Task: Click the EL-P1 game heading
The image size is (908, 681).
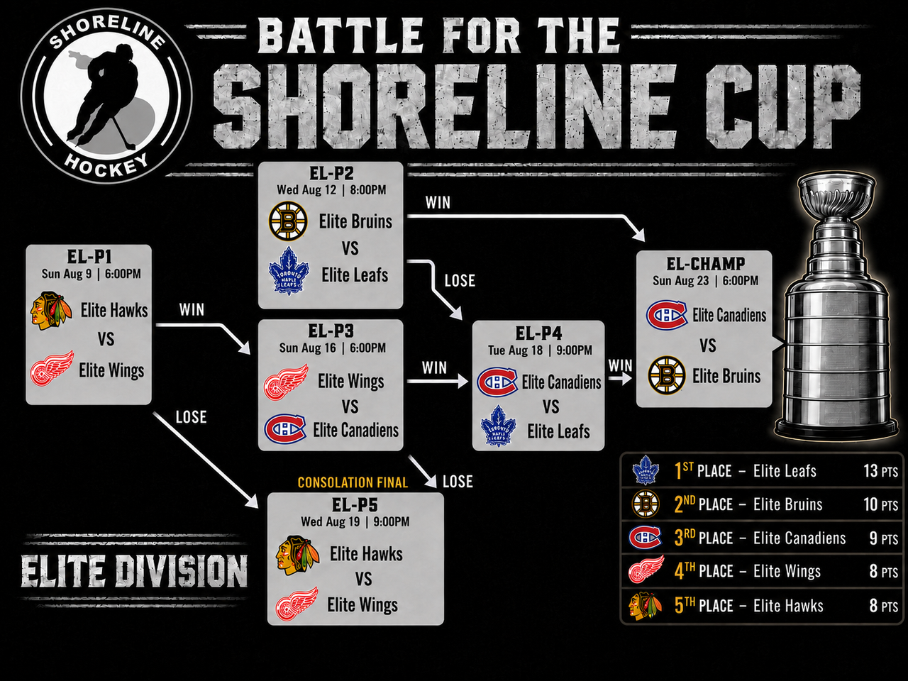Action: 89,258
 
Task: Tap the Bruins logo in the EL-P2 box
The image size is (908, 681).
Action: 288,221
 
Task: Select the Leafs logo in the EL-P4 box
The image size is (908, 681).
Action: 498,426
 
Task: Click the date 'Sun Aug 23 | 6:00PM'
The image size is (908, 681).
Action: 705,281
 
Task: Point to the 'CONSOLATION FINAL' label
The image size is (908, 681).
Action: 353,482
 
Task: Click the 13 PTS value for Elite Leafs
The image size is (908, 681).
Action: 880,471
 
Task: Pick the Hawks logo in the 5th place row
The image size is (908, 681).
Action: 645,606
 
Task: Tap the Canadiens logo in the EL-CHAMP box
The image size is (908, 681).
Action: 666,315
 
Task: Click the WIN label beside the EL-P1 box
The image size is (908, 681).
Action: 192,310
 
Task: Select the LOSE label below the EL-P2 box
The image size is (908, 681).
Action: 460,281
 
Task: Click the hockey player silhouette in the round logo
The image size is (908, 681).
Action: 104,95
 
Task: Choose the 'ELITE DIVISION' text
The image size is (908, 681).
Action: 134,571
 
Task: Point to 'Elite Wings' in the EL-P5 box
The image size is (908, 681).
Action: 362,605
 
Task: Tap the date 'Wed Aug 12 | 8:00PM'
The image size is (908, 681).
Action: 331,190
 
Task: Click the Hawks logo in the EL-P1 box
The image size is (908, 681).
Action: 51,311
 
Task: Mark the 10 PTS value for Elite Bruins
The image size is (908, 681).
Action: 880,504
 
